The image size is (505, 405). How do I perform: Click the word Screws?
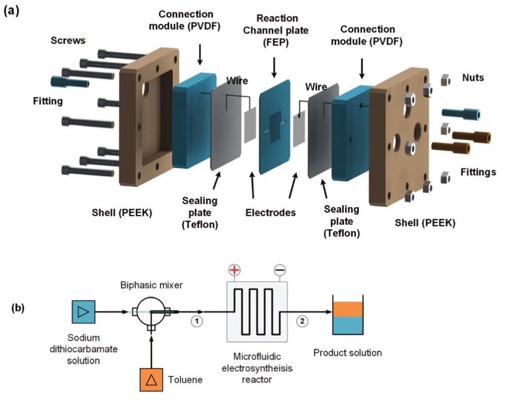pos(68,40)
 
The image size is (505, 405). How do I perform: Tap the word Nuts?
pos(473,77)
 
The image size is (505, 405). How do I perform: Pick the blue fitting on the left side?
pos(70,81)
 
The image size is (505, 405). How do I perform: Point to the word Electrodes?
pos(270,213)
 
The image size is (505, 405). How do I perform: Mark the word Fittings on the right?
pos(478,172)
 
